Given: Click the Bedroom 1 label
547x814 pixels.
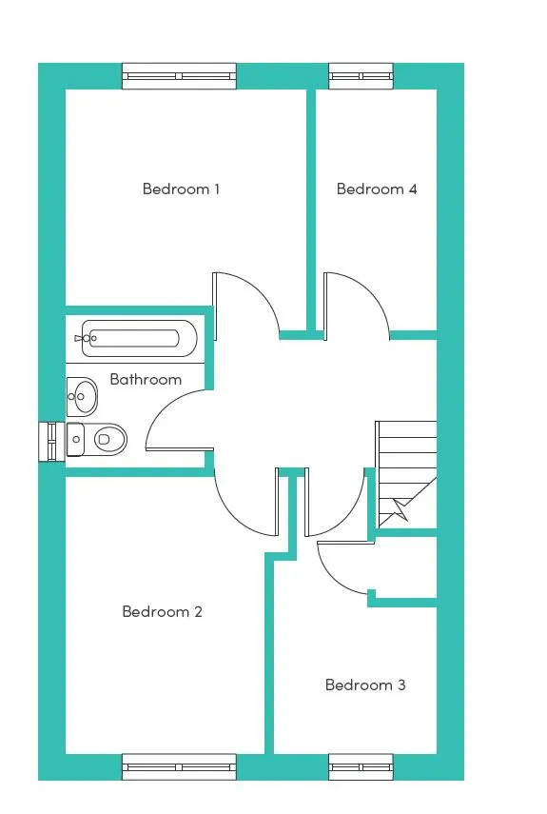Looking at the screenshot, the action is click(181, 189).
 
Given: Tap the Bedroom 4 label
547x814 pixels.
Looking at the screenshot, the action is click(377, 189).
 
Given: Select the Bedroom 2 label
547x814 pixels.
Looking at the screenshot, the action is click(162, 611).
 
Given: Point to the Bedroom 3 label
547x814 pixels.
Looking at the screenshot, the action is click(365, 685).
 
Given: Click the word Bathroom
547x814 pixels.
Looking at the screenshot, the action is click(146, 379).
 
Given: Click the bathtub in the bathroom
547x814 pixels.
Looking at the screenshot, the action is click(139, 339).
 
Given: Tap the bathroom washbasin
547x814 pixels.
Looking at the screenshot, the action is click(82, 397).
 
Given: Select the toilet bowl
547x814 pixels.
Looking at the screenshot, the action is click(110, 440).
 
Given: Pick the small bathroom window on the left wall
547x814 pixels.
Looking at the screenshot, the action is click(52, 441).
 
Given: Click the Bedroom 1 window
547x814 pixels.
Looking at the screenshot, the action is click(179, 76).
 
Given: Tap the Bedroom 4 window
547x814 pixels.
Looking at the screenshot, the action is click(361, 76).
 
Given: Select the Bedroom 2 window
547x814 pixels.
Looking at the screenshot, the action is click(179, 766).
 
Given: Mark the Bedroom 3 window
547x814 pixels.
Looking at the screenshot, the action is click(361, 766).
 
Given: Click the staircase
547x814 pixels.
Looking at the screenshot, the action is click(406, 473).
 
